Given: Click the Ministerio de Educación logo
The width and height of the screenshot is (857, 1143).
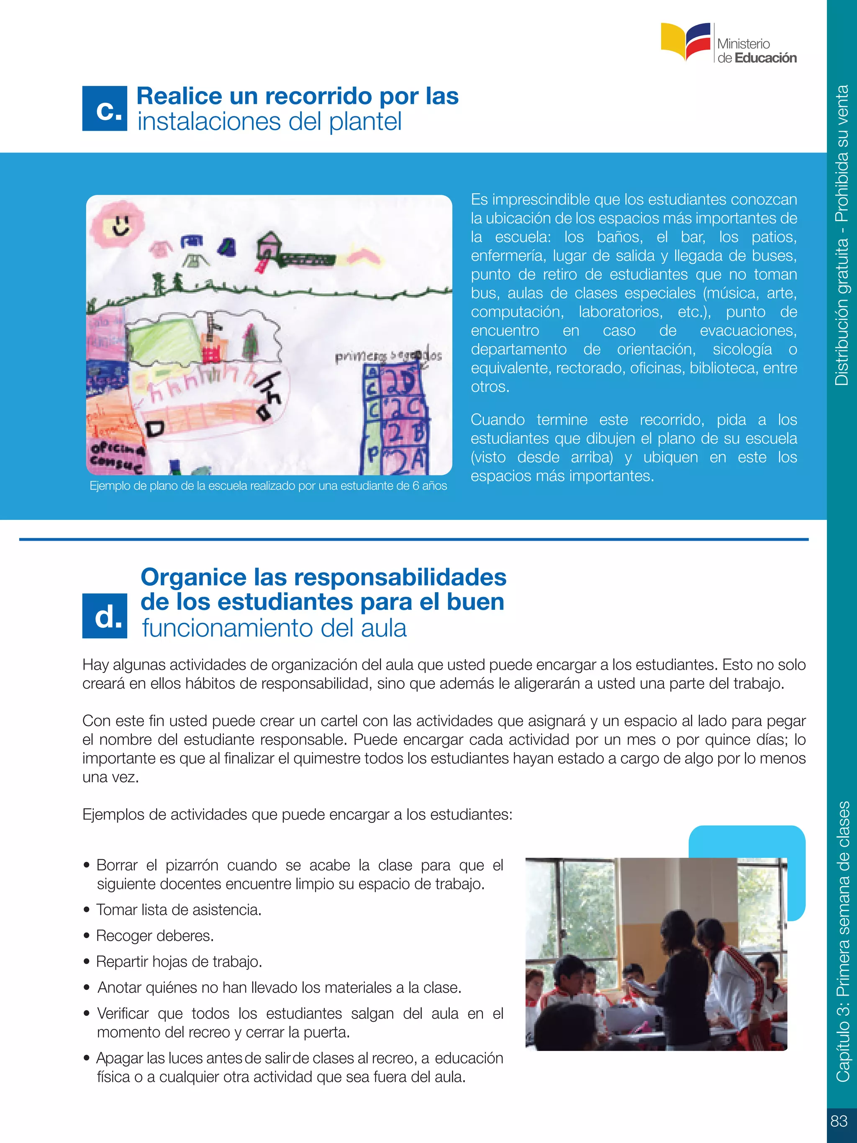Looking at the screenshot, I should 729,44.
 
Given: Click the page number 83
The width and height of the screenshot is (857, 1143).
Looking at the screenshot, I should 839,1121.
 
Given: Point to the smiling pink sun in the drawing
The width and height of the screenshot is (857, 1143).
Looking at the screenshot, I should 118,225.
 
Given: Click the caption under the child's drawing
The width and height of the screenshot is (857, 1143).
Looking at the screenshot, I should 268,486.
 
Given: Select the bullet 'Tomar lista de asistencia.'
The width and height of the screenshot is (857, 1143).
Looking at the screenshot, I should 179,910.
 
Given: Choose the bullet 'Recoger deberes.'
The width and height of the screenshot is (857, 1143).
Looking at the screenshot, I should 155,936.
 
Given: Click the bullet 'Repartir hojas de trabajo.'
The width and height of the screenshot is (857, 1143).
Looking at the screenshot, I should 179,962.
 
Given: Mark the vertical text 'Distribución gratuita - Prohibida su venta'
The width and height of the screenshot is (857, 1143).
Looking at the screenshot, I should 842,235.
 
